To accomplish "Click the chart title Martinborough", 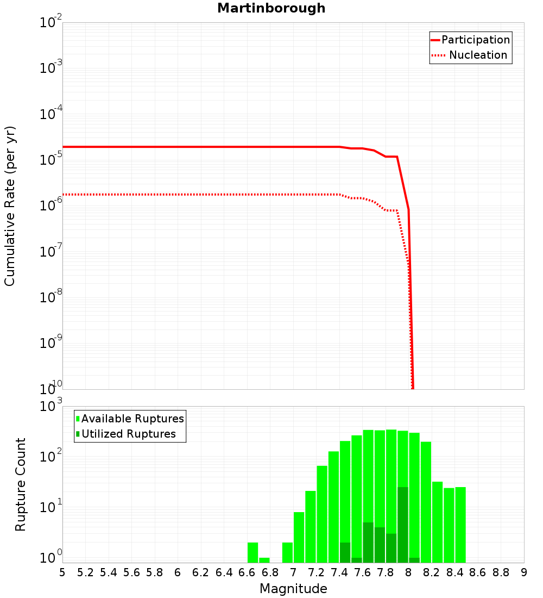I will coord(271,9).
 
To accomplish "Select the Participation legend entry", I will coord(470,40).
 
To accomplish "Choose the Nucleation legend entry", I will coord(470,55).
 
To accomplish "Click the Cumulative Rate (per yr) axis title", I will coord(10,205).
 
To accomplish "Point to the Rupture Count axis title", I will coord(21,484).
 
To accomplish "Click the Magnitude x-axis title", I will coord(293,589).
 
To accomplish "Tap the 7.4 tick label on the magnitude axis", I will coord(339,572).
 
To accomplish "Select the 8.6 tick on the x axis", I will coord(478,572).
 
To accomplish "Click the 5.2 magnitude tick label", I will coord(85,572).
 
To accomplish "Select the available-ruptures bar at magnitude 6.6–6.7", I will coord(252,552).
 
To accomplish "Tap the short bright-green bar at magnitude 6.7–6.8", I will coord(264,560).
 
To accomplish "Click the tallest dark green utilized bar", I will coord(403,525).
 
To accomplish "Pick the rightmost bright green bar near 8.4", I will coord(460,525).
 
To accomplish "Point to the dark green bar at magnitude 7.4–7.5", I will coord(345,552).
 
